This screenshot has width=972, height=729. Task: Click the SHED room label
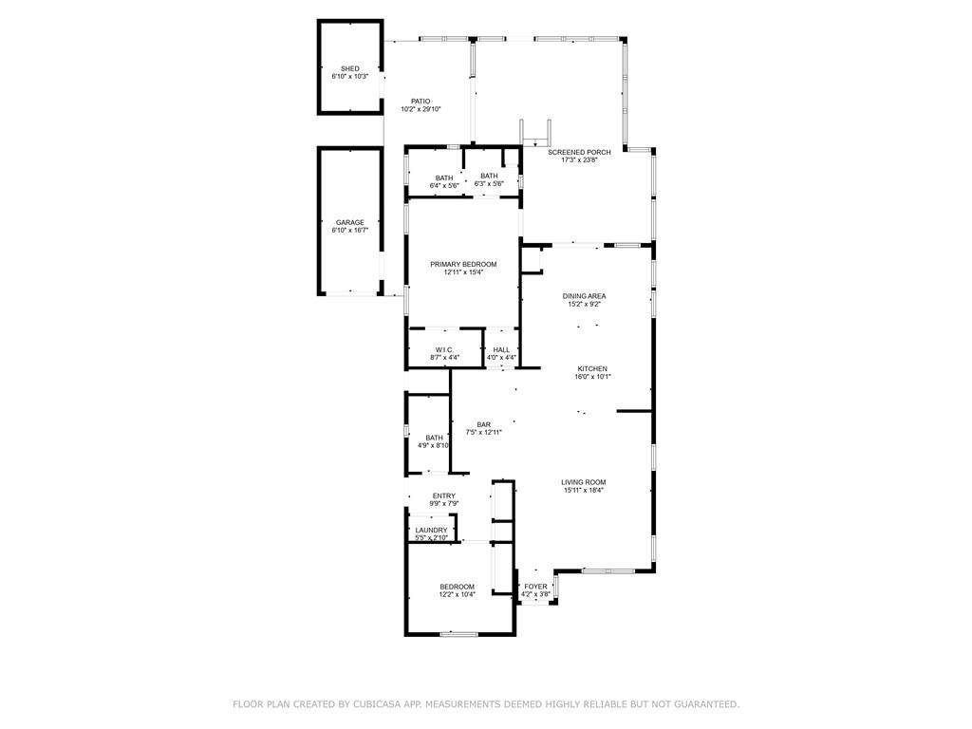coord(350,68)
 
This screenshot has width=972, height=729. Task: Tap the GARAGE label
coord(350,222)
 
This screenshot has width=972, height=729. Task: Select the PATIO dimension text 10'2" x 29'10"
coord(421,109)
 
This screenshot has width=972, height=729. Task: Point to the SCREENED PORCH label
coord(579,152)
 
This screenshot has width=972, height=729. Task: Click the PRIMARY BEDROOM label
coord(463,264)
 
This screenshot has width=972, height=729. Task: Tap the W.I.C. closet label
coord(444,349)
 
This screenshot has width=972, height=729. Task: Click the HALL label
coord(501,349)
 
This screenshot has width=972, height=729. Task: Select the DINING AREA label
coord(585,296)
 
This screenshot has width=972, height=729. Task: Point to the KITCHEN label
coord(592,369)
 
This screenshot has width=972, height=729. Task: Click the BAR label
coord(484,424)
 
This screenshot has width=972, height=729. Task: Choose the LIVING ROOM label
coord(584,482)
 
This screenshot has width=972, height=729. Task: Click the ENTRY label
coord(444,495)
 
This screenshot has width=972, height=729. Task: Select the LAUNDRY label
coord(432,530)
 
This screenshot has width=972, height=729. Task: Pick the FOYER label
coord(535,587)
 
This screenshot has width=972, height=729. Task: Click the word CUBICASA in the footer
coord(376,704)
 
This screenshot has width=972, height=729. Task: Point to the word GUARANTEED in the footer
coord(707,704)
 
